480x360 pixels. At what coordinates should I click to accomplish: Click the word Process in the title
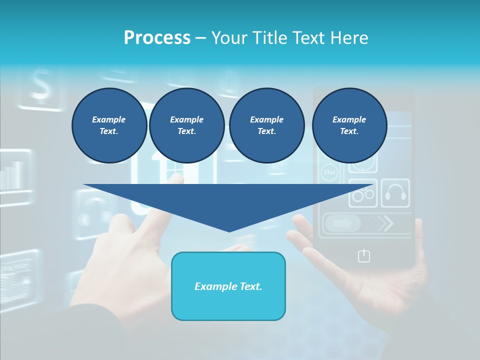(157, 38)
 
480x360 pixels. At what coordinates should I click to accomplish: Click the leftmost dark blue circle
(109, 125)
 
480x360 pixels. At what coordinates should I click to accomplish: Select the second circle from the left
(187, 125)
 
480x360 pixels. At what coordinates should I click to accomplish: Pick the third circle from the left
(267, 125)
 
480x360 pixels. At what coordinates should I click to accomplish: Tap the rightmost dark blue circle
(349, 125)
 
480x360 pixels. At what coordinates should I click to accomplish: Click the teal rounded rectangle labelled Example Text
(228, 286)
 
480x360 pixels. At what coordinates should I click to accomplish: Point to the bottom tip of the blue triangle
(229, 231)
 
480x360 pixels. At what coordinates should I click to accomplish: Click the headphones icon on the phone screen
(395, 193)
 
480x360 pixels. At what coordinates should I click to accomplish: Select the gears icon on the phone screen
(363, 194)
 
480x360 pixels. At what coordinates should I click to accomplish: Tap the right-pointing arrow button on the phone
(343, 223)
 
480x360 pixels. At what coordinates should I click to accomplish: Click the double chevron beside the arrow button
(384, 223)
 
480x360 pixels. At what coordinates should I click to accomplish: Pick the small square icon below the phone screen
(364, 256)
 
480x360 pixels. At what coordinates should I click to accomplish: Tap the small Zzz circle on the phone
(329, 172)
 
